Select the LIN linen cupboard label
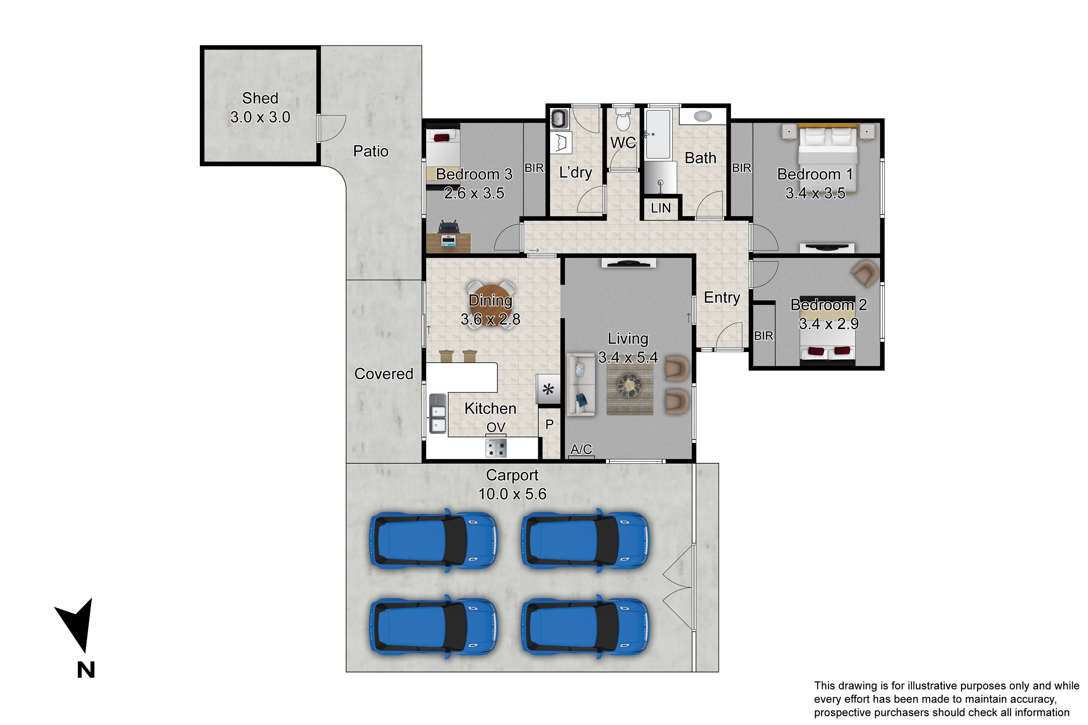[x=660, y=208]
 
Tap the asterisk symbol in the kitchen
[x=548, y=389]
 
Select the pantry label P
[x=549, y=424]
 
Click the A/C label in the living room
[x=581, y=449]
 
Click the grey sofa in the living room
[x=581, y=385]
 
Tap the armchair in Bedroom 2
[x=865, y=273]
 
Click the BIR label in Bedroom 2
[x=764, y=336]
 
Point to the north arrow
[x=76, y=625]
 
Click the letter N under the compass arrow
[x=86, y=670]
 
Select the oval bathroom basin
[x=703, y=116]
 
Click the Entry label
[x=722, y=297]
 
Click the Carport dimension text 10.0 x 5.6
[x=512, y=494]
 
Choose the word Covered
[x=383, y=374]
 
